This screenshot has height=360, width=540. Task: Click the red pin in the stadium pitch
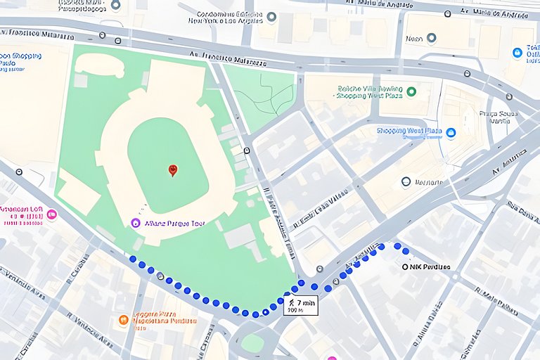[x=173, y=170]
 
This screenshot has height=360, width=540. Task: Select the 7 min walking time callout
[x=300, y=304]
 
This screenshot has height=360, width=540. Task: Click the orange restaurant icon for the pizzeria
[x=124, y=320]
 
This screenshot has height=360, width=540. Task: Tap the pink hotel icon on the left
[x=51, y=214]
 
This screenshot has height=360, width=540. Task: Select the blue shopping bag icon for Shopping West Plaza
[x=451, y=132]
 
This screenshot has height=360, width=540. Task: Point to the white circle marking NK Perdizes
[x=405, y=267]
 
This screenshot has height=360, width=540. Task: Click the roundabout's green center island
[x=252, y=343]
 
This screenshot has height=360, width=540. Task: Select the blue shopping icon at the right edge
[x=517, y=53]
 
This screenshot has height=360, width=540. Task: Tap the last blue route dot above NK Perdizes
[x=406, y=251]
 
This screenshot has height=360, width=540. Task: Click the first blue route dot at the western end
[x=133, y=259]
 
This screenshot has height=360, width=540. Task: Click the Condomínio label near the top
[x=224, y=17]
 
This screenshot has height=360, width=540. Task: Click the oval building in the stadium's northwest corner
[x=99, y=65]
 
